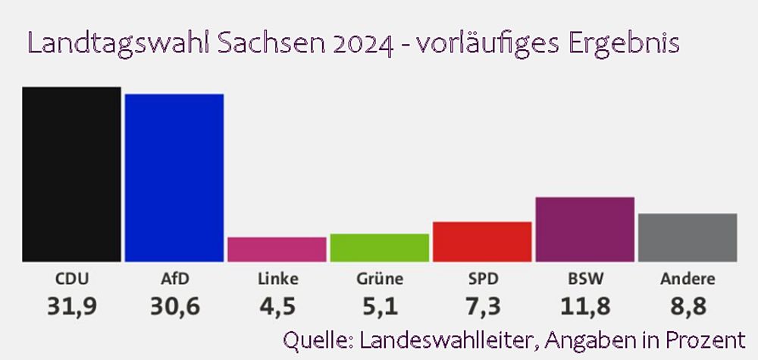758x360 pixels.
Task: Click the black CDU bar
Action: tap(71, 174)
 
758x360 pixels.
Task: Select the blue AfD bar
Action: tap(174, 178)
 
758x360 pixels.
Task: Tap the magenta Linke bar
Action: tap(277, 249)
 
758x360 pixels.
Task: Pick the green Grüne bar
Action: tap(379, 248)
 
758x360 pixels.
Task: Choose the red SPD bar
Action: tap(482, 242)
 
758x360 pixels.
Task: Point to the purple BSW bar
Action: tap(584, 230)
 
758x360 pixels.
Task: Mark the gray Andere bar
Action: tap(688, 238)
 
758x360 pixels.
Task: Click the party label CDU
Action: tap(71, 279)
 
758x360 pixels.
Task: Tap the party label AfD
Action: tap(174, 279)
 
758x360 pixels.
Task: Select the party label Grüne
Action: tap(379, 279)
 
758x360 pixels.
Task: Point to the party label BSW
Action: tap(584, 279)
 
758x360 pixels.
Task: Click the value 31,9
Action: tap(71, 307)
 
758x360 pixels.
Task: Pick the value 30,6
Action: tap(174, 307)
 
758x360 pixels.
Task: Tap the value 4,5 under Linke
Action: tap(277, 307)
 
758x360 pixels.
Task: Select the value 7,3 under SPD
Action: tap(482, 307)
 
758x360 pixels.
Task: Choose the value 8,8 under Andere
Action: tap(688, 307)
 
